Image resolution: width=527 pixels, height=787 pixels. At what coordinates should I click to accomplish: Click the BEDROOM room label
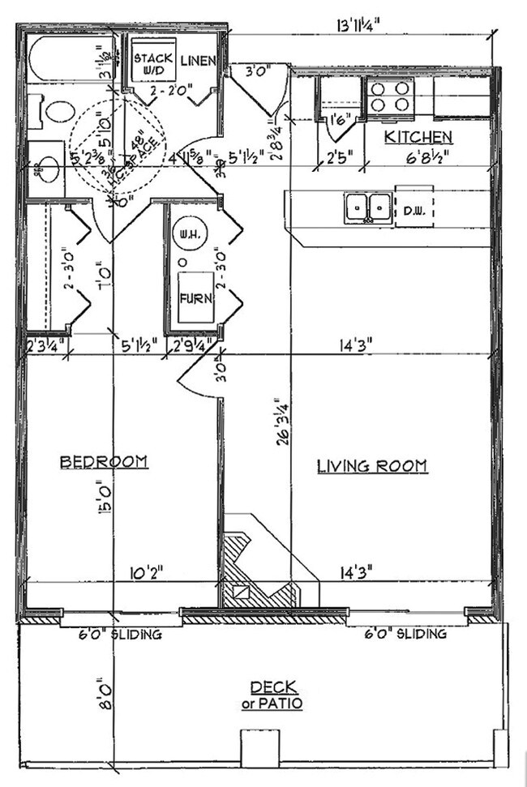104,462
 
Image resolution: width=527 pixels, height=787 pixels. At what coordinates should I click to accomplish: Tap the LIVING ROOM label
372,466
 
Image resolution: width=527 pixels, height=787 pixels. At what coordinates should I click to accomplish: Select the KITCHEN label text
418,136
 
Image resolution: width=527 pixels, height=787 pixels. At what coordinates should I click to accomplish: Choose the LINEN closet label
197,61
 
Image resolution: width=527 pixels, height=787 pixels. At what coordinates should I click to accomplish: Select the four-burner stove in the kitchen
391,96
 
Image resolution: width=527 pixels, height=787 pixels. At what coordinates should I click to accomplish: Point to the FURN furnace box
197,297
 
